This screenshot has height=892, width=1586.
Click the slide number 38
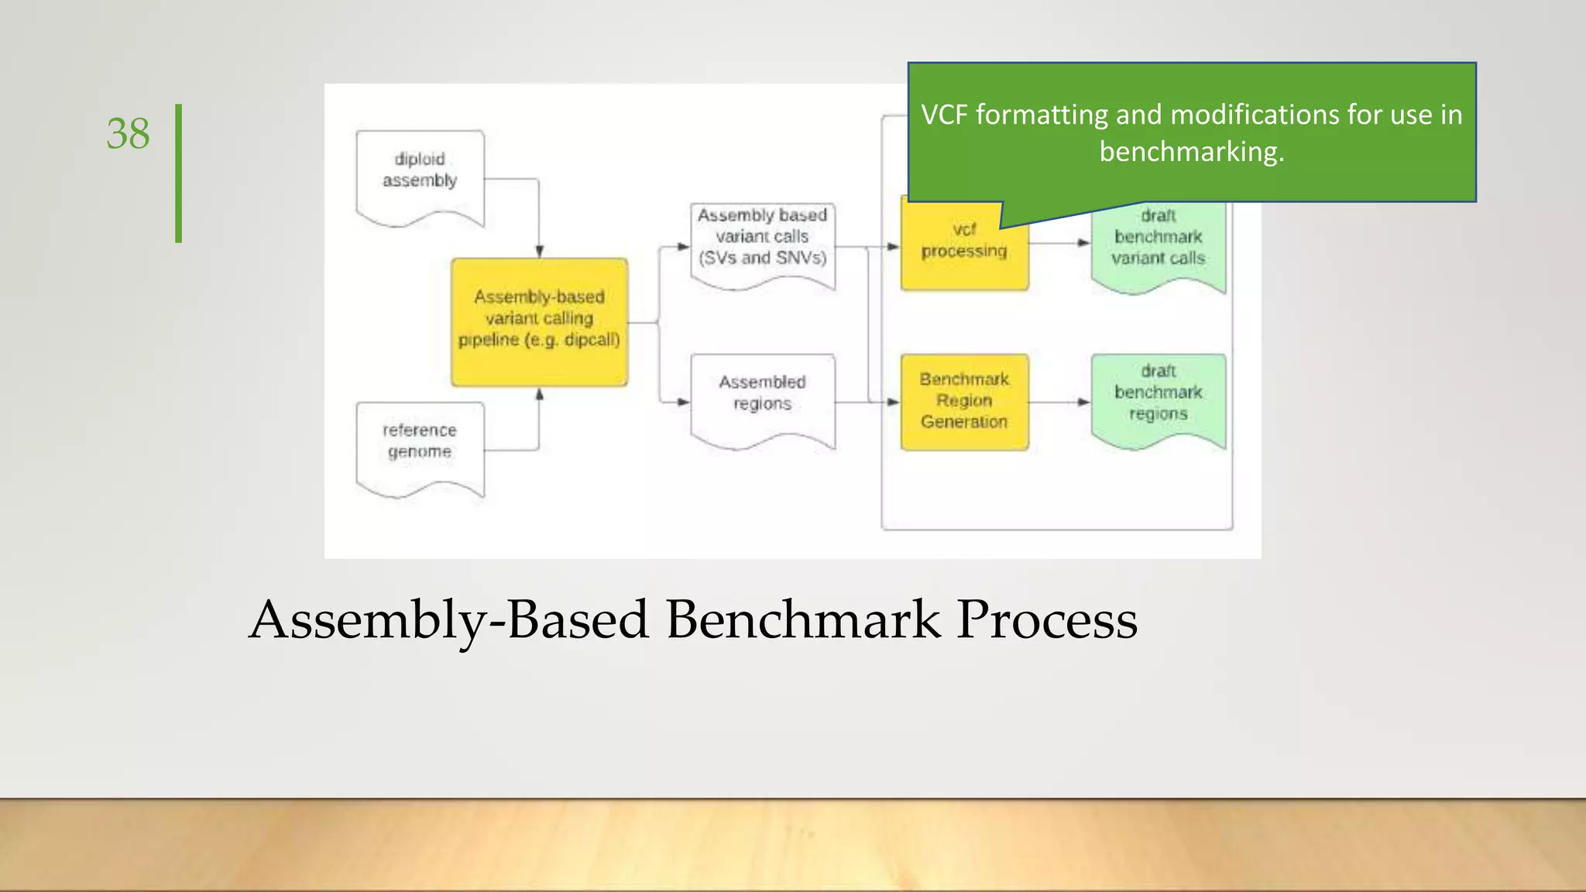click(x=128, y=134)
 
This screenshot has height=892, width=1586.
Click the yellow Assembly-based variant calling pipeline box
click(x=539, y=321)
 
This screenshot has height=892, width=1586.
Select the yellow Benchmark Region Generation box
click(x=964, y=401)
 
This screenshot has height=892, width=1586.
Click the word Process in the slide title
click(x=1046, y=620)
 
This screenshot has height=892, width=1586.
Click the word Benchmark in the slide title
click(x=803, y=620)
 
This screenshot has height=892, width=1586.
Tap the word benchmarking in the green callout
click(x=1190, y=152)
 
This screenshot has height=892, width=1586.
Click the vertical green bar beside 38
click(x=178, y=173)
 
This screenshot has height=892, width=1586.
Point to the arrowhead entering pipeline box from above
click(x=539, y=252)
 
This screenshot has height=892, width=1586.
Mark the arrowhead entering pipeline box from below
click(x=539, y=394)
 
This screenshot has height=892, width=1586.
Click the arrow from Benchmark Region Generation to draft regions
click(x=1059, y=402)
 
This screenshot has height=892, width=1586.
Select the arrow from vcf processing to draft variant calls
click(x=1059, y=242)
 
